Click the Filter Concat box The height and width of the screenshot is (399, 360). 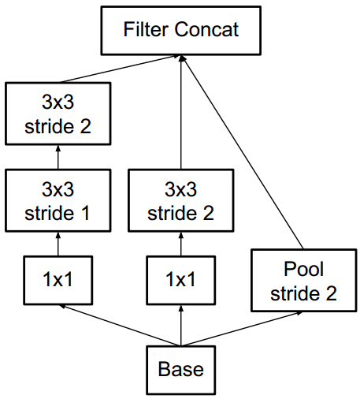tap(181, 31)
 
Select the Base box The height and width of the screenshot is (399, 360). tap(181, 370)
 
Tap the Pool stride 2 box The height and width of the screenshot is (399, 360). tap(304, 281)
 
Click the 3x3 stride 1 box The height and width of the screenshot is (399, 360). tap(58, 200)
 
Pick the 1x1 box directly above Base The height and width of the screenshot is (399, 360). tap(181, 280)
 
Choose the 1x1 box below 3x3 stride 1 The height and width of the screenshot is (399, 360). tap(58, 280)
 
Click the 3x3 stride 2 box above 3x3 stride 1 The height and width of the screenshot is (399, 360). tap(58, 114)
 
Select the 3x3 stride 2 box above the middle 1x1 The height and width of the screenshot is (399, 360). tap(181, 200)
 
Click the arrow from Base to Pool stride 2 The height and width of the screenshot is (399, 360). tap(242, 329)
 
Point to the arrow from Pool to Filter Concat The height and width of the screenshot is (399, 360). tap(242, 152)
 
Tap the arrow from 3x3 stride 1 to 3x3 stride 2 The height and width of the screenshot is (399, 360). tap(58, 157)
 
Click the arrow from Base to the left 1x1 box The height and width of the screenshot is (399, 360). tap(120, 325)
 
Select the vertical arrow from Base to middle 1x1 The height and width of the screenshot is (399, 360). tap(181, 326)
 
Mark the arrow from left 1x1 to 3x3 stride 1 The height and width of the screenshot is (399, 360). tap(58, 244)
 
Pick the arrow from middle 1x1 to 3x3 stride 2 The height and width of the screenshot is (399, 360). tap(181, 244)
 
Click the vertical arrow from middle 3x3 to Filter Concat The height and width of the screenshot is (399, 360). tap(181, 113)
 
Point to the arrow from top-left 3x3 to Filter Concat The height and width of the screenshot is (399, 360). tap(120, 69)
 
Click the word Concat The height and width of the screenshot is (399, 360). tap(206, 29)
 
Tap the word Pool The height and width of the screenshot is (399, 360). tap(303, 269)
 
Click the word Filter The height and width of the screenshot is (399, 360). tap(146, 29)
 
